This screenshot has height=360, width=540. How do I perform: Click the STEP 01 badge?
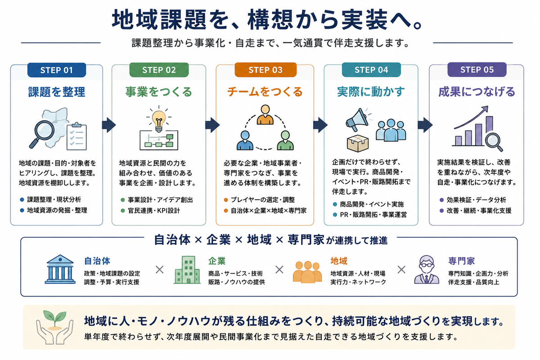[x=57, y=70]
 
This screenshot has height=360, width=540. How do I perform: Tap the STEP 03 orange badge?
[x=265, y=70]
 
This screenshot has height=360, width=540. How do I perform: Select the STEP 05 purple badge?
[x=477, y=70]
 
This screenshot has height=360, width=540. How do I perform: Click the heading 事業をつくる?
[x=158, y=92]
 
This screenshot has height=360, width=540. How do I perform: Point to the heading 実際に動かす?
[x=371, y=92]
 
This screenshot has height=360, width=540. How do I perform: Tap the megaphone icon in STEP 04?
[x=359, y=120]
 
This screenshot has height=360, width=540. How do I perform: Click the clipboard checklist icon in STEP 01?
[x=76, y=136]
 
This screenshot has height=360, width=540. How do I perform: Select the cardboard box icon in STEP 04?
[x=358, y=143]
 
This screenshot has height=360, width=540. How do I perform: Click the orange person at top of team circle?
[x=265, y=115]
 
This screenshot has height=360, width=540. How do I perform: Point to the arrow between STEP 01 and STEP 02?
[x=109, y=125]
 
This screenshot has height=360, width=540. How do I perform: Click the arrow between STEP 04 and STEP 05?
[x=425, y=125]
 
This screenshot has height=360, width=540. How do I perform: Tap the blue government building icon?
[x=60, y=269]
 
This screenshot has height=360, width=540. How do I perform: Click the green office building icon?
[x=187, y=270]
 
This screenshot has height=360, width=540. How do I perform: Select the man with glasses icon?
[x=427, y=270]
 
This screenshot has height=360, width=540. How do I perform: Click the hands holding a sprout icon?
[x=55, y=328]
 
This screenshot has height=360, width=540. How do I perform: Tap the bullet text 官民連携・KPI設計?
[x=154, y=211]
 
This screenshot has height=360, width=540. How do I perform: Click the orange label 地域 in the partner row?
[x=339, y=261]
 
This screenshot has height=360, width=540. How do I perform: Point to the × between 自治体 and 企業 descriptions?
[x=160, y=270]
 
